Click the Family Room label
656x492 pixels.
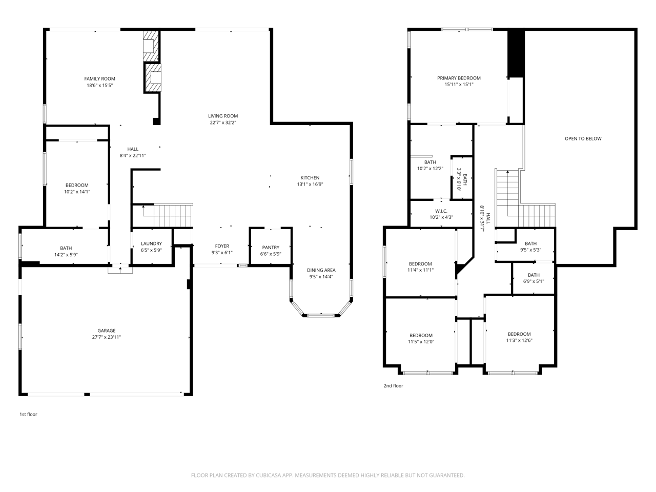pyautogui.click(x=99, y=79)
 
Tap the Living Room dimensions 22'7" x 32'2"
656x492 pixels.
pyautogui.click(x=223, y=123)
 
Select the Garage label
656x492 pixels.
pyautogui.click(x=107, y=331)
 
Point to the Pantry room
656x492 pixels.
pyautogui.click(x=270, y=250)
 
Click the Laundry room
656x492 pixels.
pyautogui.click(x=151, y=247)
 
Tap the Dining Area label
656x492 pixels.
pyautogui.click(x=321, y=270)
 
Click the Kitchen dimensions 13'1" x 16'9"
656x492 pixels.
pyautogui.click(x=310, y=184)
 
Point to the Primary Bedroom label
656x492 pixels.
pyautogui.click(x=459, y=78)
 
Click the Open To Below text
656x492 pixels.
pyautogui.click(x=583, y=139)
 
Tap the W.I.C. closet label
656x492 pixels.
pyautogui.click(x=441, y=211)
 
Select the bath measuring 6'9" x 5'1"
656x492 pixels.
pyautogui.click(x=534, y=278)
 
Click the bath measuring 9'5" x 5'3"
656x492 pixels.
pyautogui.click(x=530, y=247)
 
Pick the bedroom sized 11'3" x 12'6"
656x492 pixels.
pyautogui.click(x=519, y=337)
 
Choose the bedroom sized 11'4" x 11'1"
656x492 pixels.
pyautogui.click(x=420, y=267)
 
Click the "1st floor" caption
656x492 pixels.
pyautogui.click(x=28, y=414)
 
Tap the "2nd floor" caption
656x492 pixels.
pyautogui.click(x=393, y=386)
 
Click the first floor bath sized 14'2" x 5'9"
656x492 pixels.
pyautogui.click(x=66, y=251)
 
